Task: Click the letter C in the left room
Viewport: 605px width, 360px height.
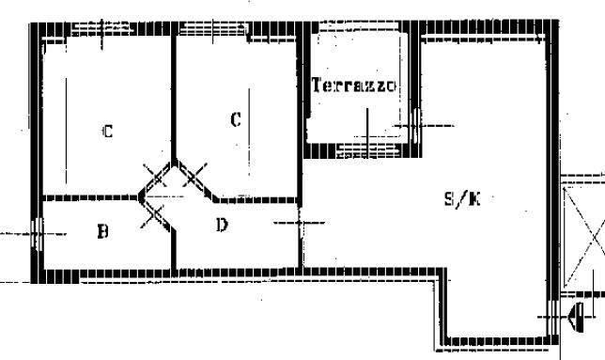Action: [x=108, y=132]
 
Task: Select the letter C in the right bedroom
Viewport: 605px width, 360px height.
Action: [x=236, y=119]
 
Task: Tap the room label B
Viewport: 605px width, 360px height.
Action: [x=102, y=231]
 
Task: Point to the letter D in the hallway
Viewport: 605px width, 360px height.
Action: [x=222, y=225]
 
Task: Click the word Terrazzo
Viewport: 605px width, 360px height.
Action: [x=353, y=86]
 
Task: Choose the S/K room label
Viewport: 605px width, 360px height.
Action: [x=462, y=200]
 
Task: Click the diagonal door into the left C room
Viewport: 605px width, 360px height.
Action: [x=156, y=179]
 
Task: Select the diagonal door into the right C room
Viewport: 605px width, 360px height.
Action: [x=194, y=179]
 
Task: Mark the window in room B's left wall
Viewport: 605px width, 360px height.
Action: [x=37, y=234]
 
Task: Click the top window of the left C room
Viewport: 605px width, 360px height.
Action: [x=101, y=28]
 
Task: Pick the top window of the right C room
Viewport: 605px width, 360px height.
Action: [x=213, y=28]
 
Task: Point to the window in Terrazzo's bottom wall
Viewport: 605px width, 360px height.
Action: [x=367, y=151]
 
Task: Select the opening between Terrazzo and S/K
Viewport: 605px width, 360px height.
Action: [x=415, y=125]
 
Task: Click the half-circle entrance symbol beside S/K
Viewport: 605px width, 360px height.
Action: [x=578, y=317]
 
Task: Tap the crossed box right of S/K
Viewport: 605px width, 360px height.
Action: [x=583, y=237]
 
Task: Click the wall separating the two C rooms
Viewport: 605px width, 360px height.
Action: [x=174, y=97]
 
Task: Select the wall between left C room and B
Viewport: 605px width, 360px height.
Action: [x=91, y=198]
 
